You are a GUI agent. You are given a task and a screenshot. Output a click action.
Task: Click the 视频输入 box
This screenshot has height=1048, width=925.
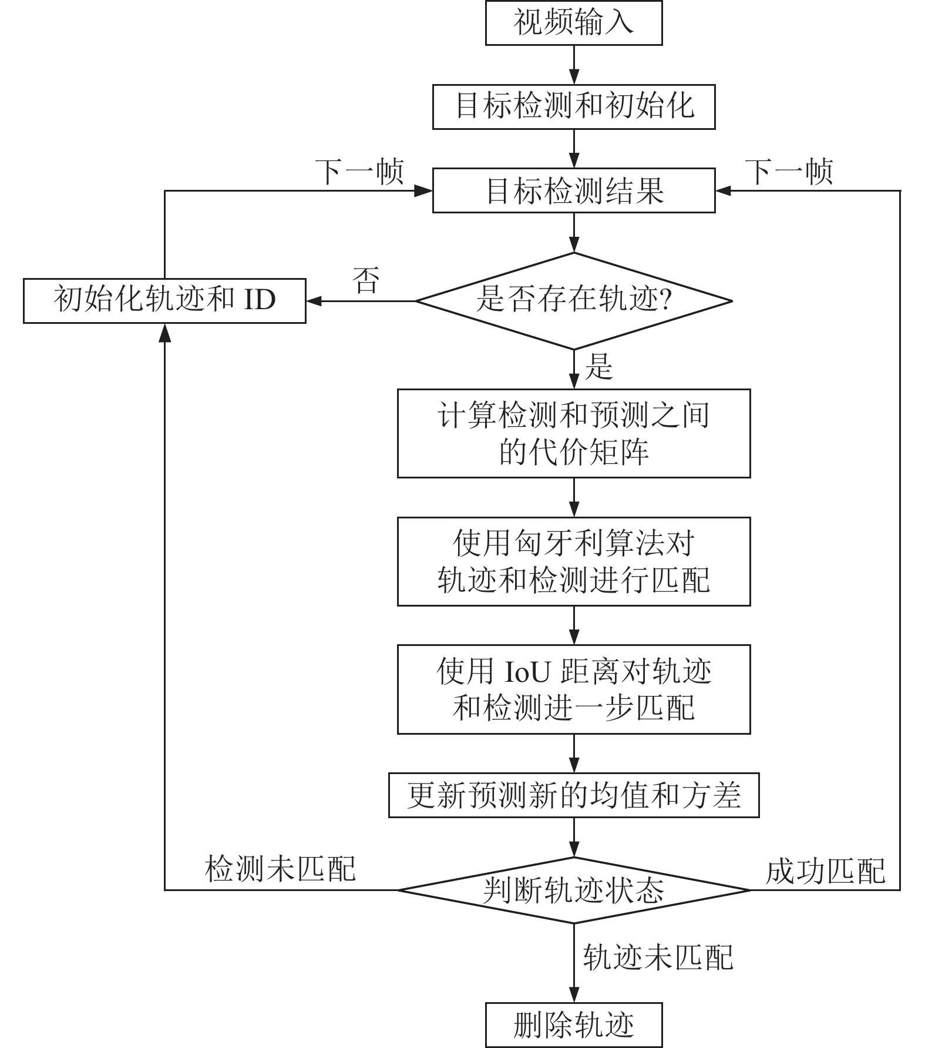574,23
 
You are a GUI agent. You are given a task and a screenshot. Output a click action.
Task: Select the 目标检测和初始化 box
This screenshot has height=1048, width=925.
574,107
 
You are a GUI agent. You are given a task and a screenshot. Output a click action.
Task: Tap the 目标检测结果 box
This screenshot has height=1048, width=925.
574,190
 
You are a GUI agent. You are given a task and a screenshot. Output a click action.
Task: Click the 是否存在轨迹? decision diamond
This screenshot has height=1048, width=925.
574,301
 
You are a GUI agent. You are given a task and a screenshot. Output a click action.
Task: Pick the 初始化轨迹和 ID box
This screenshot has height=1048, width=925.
164,301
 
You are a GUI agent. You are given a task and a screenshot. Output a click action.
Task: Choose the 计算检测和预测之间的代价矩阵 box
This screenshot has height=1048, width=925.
574,433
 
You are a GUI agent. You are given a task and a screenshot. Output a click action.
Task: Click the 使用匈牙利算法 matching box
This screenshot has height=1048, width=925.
574,561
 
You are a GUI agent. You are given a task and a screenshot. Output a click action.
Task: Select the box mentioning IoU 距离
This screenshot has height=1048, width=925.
574,689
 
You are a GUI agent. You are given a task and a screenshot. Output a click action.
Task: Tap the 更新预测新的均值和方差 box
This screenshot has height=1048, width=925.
574,795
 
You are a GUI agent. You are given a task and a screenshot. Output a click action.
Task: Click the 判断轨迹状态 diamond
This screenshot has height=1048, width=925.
574,890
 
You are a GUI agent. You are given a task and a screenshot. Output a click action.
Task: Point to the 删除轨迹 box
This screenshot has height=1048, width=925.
574,1025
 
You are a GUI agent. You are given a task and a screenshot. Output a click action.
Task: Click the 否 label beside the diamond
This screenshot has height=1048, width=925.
366,280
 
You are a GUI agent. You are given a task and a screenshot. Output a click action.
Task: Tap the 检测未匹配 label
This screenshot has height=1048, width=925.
281,868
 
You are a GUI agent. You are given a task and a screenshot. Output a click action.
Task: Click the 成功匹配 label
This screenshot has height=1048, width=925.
825,871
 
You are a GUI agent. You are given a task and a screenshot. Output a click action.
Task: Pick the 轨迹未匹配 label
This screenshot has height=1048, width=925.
658,957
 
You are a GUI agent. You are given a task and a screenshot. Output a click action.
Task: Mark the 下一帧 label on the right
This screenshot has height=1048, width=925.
789,172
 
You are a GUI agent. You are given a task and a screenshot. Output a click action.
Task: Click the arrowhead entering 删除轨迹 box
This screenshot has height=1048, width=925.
574,995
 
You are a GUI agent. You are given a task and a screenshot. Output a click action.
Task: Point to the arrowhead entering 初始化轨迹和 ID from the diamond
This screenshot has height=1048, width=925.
314,301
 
